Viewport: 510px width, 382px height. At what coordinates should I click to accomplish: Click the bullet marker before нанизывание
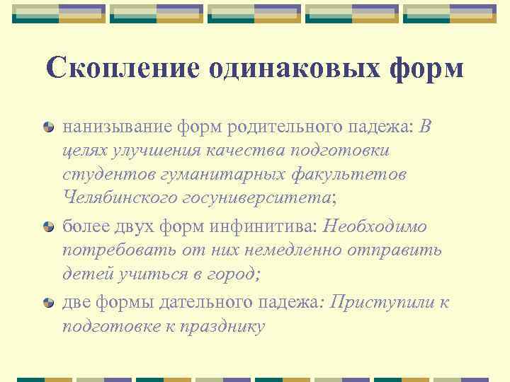(x=48, y=128)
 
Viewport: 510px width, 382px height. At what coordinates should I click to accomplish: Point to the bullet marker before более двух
(x=48, y=227)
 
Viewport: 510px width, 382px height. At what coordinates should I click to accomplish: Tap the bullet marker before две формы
(x=48, y=303)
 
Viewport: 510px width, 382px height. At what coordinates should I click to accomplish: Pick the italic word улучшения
(x=152, y=151)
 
